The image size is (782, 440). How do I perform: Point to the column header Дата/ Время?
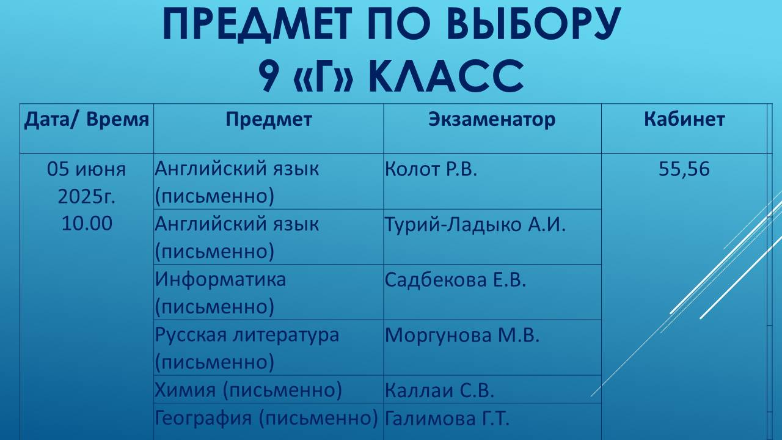[x=86, y=119]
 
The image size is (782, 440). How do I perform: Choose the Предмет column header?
[x=268, y=119]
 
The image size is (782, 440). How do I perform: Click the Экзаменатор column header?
[x=492, y=119]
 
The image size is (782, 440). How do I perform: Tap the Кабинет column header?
[x=684, y=119]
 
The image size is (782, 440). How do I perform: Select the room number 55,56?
[x=684, y=169]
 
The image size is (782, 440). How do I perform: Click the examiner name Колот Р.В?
[x=431, y=169]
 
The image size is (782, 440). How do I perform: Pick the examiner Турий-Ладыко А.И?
[x=475, y=224]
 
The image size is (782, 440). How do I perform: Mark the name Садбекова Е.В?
[x=455, y=280]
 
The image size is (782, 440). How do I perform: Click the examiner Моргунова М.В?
[x=462, y=335]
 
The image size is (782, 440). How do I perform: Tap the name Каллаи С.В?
[x=439, y=390]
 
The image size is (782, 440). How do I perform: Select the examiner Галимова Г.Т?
[x=447, y=419]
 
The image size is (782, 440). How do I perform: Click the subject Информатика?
[x=220, y=280]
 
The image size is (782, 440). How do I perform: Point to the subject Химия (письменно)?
[x=248, y=390]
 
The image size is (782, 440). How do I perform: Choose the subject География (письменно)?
[x=266, y=419]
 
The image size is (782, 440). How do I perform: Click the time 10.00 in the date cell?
[x=87, y=224]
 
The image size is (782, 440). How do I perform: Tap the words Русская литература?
[x=247, y=335]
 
